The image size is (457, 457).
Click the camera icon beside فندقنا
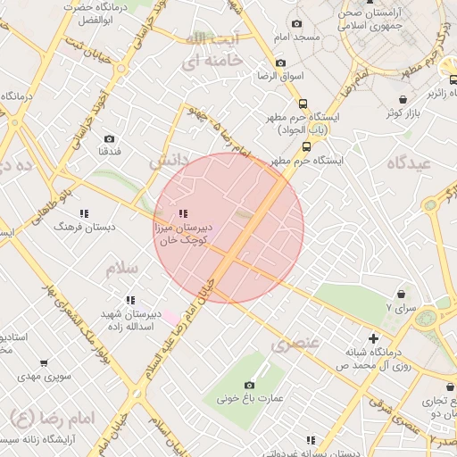coord(110,138)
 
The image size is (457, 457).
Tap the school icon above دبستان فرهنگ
coord(85,213)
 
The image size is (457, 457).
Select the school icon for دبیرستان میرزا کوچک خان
coord(183,213)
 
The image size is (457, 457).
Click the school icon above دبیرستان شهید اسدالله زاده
coord(130,300)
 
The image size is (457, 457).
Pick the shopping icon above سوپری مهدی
coord(44,363)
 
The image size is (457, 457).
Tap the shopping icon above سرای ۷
coord(402,294)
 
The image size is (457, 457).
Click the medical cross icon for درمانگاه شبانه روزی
coord(373,338)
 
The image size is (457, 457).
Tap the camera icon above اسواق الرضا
coord(282,63)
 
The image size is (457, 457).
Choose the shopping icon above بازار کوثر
coord(405,100)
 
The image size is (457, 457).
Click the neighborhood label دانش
coord(170,162)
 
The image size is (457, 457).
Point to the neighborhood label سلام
coord(122,269)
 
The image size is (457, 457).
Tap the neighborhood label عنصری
coord(294,344)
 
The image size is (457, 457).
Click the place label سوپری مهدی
coord(36,378)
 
